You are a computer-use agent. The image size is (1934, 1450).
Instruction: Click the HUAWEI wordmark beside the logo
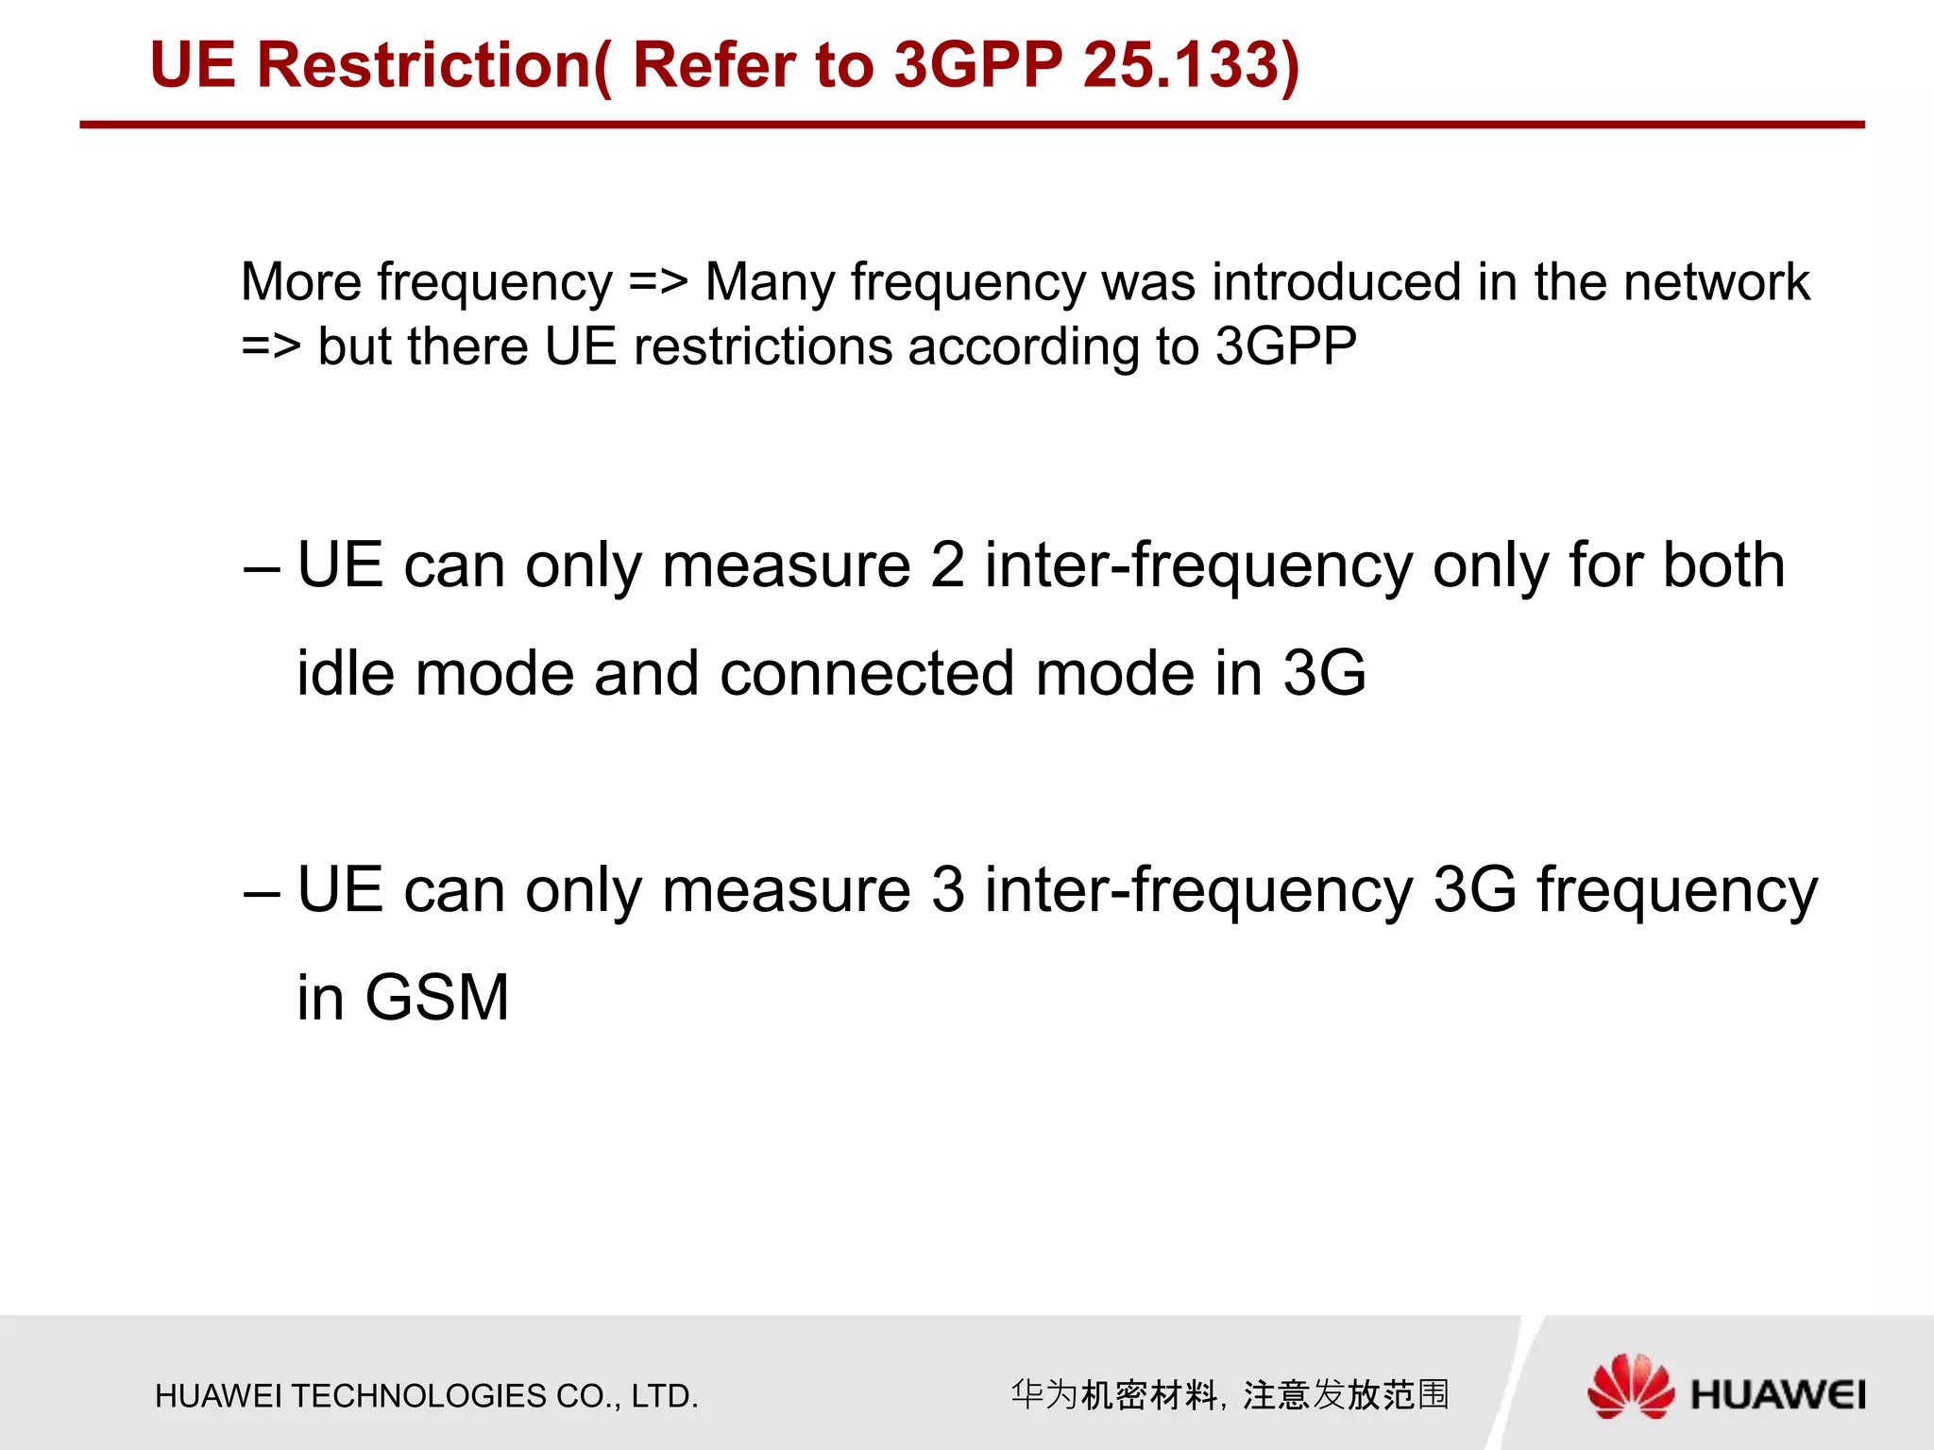1778,1395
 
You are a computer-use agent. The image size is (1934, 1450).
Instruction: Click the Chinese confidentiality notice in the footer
1230,1394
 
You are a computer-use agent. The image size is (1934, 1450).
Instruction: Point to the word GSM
437,998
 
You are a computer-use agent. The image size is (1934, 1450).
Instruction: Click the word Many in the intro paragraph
770,282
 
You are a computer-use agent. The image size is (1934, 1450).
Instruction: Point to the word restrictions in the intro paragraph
762,346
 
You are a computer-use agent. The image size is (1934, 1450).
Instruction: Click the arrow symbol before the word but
271,346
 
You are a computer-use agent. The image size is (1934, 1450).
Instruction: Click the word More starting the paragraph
301,282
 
